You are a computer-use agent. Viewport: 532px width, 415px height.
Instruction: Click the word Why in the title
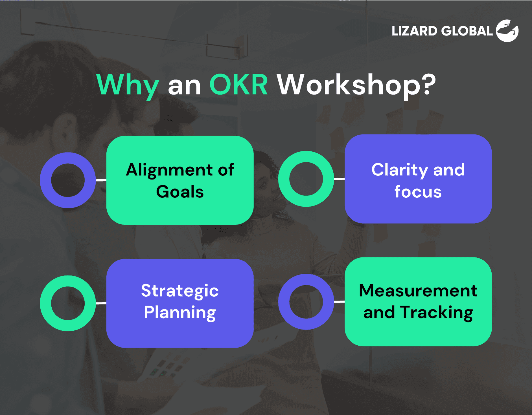(x=128, y=85)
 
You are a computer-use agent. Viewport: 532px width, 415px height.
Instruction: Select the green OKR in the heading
(x=238, y=85)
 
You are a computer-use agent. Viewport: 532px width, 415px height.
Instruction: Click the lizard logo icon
(x=507, y=31)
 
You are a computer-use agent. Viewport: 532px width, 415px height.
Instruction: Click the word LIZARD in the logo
(x=414, y=31)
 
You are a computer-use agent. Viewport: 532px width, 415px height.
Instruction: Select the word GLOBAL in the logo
(x=467, y=31)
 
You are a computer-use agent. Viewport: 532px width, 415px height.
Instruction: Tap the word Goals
(x=180, y=192)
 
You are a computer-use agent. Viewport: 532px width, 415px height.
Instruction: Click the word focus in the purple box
(x=418, y=192)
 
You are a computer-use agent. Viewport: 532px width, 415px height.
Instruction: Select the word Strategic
(x=180, y=291)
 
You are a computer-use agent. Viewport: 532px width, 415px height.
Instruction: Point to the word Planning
(x=180, y=312)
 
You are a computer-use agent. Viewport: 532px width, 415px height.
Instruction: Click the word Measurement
(x=418, y=291)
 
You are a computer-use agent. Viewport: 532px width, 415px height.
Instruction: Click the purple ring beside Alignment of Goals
(x=46, y=180)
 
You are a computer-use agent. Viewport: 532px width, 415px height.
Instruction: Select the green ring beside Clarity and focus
(x=284, y=179)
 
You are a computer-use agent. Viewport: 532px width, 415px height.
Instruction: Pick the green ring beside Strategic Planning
(x=46, y=303)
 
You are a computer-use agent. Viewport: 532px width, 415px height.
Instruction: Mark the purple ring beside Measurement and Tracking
(x=284, y=302)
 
